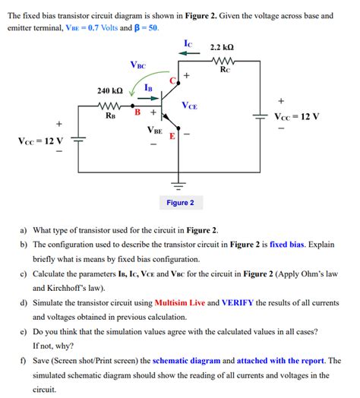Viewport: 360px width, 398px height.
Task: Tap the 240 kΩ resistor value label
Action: [110, 91]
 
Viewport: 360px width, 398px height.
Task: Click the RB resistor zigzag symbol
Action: [111, 106]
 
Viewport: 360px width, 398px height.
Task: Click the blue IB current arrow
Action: [149, 98]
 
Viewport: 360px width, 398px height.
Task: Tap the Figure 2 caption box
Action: [180, 203]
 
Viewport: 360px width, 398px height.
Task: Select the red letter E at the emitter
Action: [172, 137]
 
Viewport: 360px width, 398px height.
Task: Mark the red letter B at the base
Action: [137, 113]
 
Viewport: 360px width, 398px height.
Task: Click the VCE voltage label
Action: [190, 106]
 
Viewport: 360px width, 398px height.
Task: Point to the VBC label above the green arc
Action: [138, 66]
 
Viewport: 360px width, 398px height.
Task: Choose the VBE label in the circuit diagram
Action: [154, 131]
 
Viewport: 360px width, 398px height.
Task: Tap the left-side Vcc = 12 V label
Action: [36, 141]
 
